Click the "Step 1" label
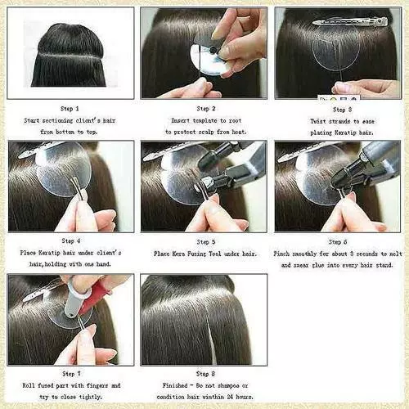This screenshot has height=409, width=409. tap(70, 108)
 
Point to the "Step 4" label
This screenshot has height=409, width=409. tap(70, 241)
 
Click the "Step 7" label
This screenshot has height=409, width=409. tap(70, 374)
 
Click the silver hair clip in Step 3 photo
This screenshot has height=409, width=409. tap(352, 21)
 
